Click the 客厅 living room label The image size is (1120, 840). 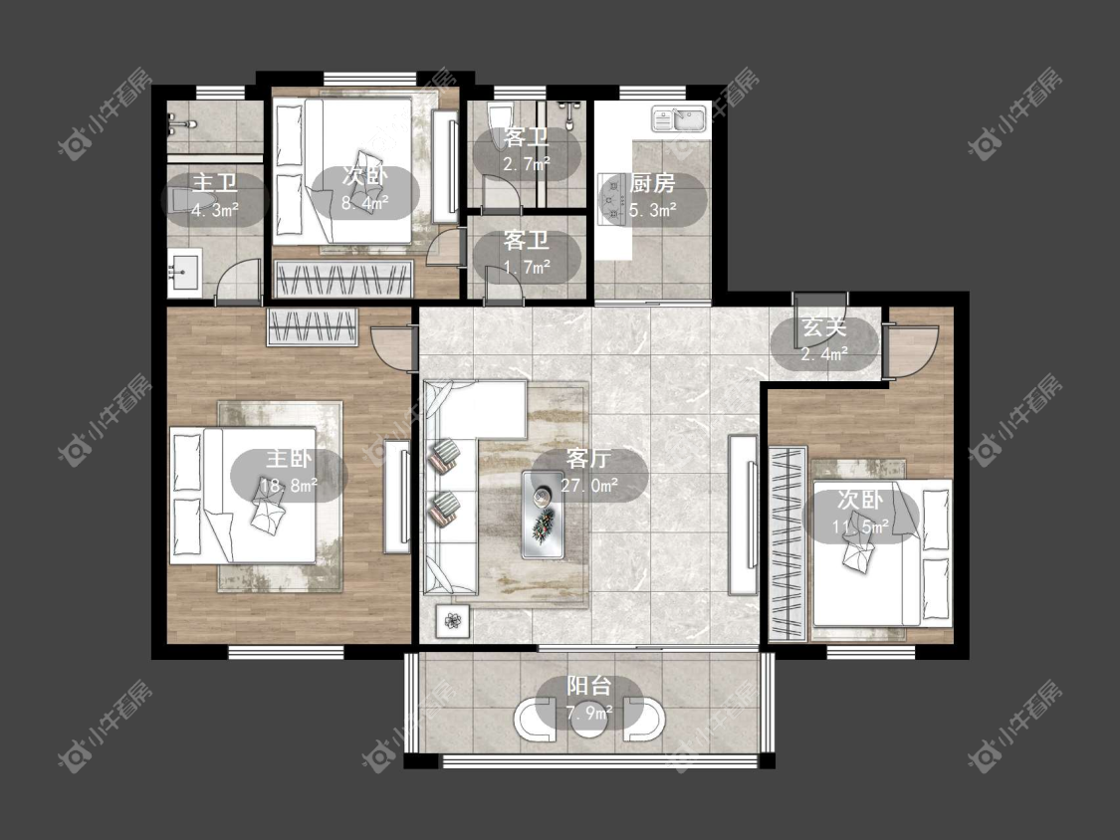pos(587,459)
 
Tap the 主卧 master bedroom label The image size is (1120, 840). pos(289,459)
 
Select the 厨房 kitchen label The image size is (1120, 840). pos(652,183)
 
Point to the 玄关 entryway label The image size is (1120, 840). pos(824,327)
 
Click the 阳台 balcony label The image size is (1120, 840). pos(589,687)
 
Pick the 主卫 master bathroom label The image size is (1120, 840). pos(215,183)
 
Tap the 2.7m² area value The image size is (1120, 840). pos(527,164)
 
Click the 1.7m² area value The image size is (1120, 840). pos(527,267)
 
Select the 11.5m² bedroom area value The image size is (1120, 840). pos(860,527)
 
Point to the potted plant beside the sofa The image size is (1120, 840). pos(452,621)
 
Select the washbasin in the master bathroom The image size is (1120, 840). pos(185,271)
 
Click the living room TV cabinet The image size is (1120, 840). pos(743,515)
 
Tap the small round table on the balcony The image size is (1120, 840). pos(590,720)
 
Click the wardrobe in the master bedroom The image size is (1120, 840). pos(313,327)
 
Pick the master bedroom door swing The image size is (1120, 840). pos(391,348)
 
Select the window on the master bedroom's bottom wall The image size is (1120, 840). pos(286,652)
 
